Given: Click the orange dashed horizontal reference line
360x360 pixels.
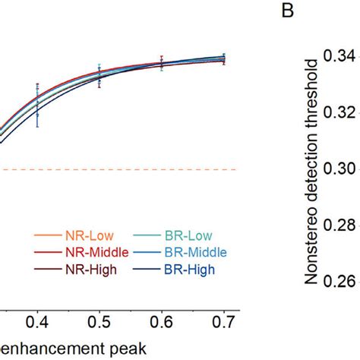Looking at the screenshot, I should point(114,169).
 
